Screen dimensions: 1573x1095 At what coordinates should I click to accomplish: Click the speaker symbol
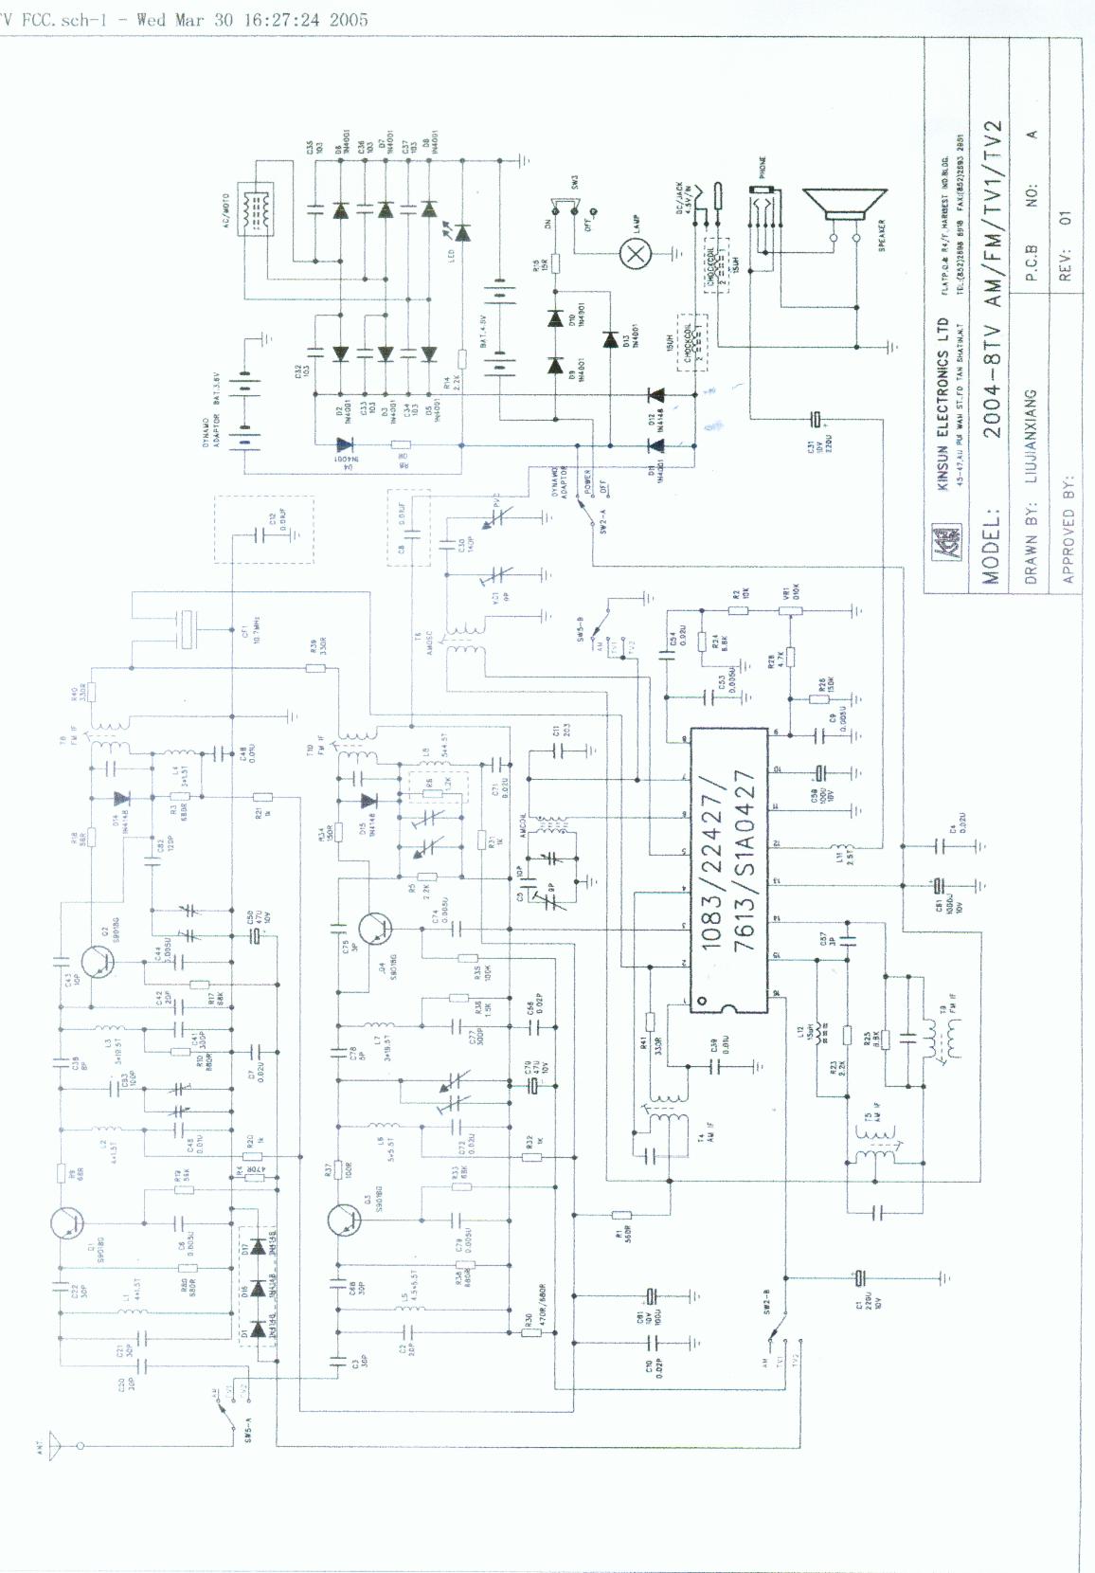pyautogui.click(x=844, y=211)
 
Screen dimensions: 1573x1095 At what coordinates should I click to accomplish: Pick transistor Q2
pyautogui.click(x=98, y=960)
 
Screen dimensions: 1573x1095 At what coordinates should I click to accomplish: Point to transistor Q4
pyautogui.click(x=377, y=930)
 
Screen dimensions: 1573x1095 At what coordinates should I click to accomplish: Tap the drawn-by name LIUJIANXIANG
pyautogui.click(x=1031, y=435)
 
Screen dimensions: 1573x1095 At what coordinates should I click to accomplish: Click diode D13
pyautogui.click(x=610, y=338)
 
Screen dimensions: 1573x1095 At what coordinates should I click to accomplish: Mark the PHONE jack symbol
pyautogui.click(x=758, y=204)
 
